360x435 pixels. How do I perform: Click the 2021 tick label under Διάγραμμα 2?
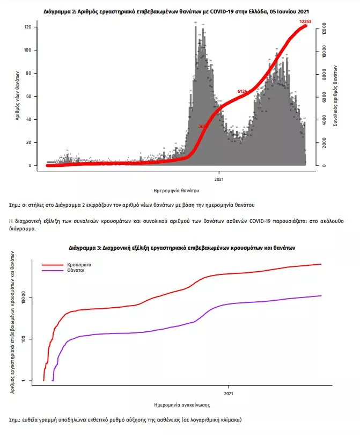click(219, 178)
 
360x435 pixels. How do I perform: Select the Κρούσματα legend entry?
click(79, 265)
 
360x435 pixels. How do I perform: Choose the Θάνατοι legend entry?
click(76, 271)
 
